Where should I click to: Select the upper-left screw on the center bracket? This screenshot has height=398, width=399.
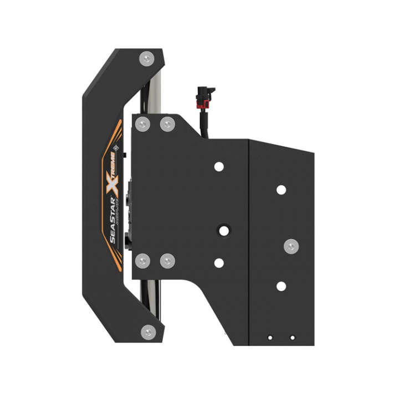click(144, 123)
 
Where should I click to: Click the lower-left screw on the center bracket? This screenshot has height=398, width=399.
click(144, 259)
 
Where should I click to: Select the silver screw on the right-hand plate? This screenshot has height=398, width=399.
click(290, 245)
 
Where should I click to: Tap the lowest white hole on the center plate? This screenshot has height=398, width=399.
click(219, 263)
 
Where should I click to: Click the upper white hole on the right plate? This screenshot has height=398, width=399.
click(282, 190)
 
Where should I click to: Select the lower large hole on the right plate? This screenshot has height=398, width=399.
click(282, 286)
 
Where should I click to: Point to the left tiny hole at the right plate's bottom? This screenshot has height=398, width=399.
click(270, 337)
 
